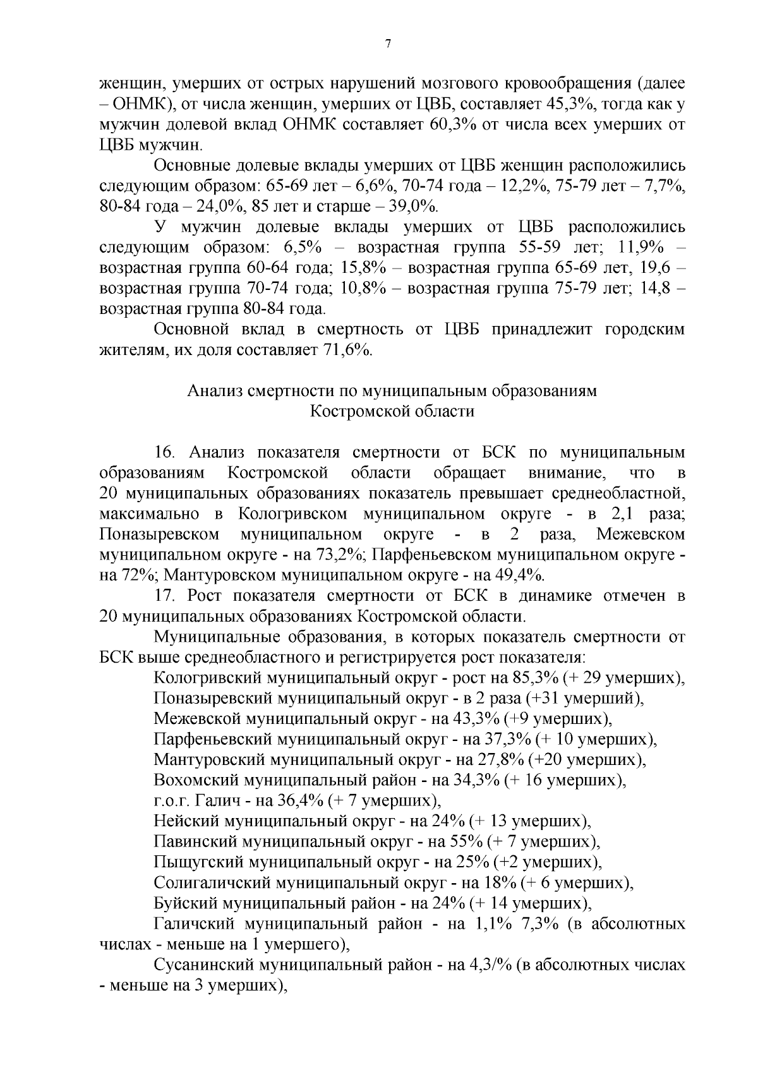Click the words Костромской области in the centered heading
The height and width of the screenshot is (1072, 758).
click(392, 411)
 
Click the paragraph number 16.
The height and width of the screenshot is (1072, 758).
click(163, 452)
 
